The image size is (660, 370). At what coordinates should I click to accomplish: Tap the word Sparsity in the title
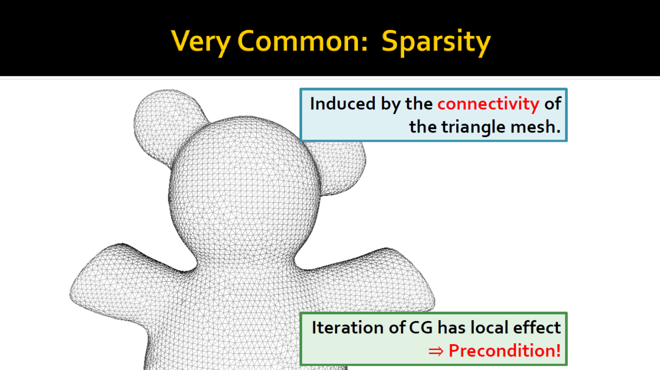tap(436, 43)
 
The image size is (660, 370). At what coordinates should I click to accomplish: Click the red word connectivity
tap(488, 104)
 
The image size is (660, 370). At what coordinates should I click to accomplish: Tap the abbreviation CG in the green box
tap(421, 328)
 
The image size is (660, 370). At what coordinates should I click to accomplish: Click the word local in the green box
tap(489, 327)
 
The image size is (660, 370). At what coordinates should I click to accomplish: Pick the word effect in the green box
tap(537, 327)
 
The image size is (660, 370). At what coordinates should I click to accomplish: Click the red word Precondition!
tap(504, 351)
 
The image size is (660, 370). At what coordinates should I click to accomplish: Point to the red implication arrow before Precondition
tap(436, 351)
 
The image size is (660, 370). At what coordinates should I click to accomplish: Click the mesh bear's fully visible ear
tap(170, 127)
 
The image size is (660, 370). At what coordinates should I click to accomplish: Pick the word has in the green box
tap(452, 327)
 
